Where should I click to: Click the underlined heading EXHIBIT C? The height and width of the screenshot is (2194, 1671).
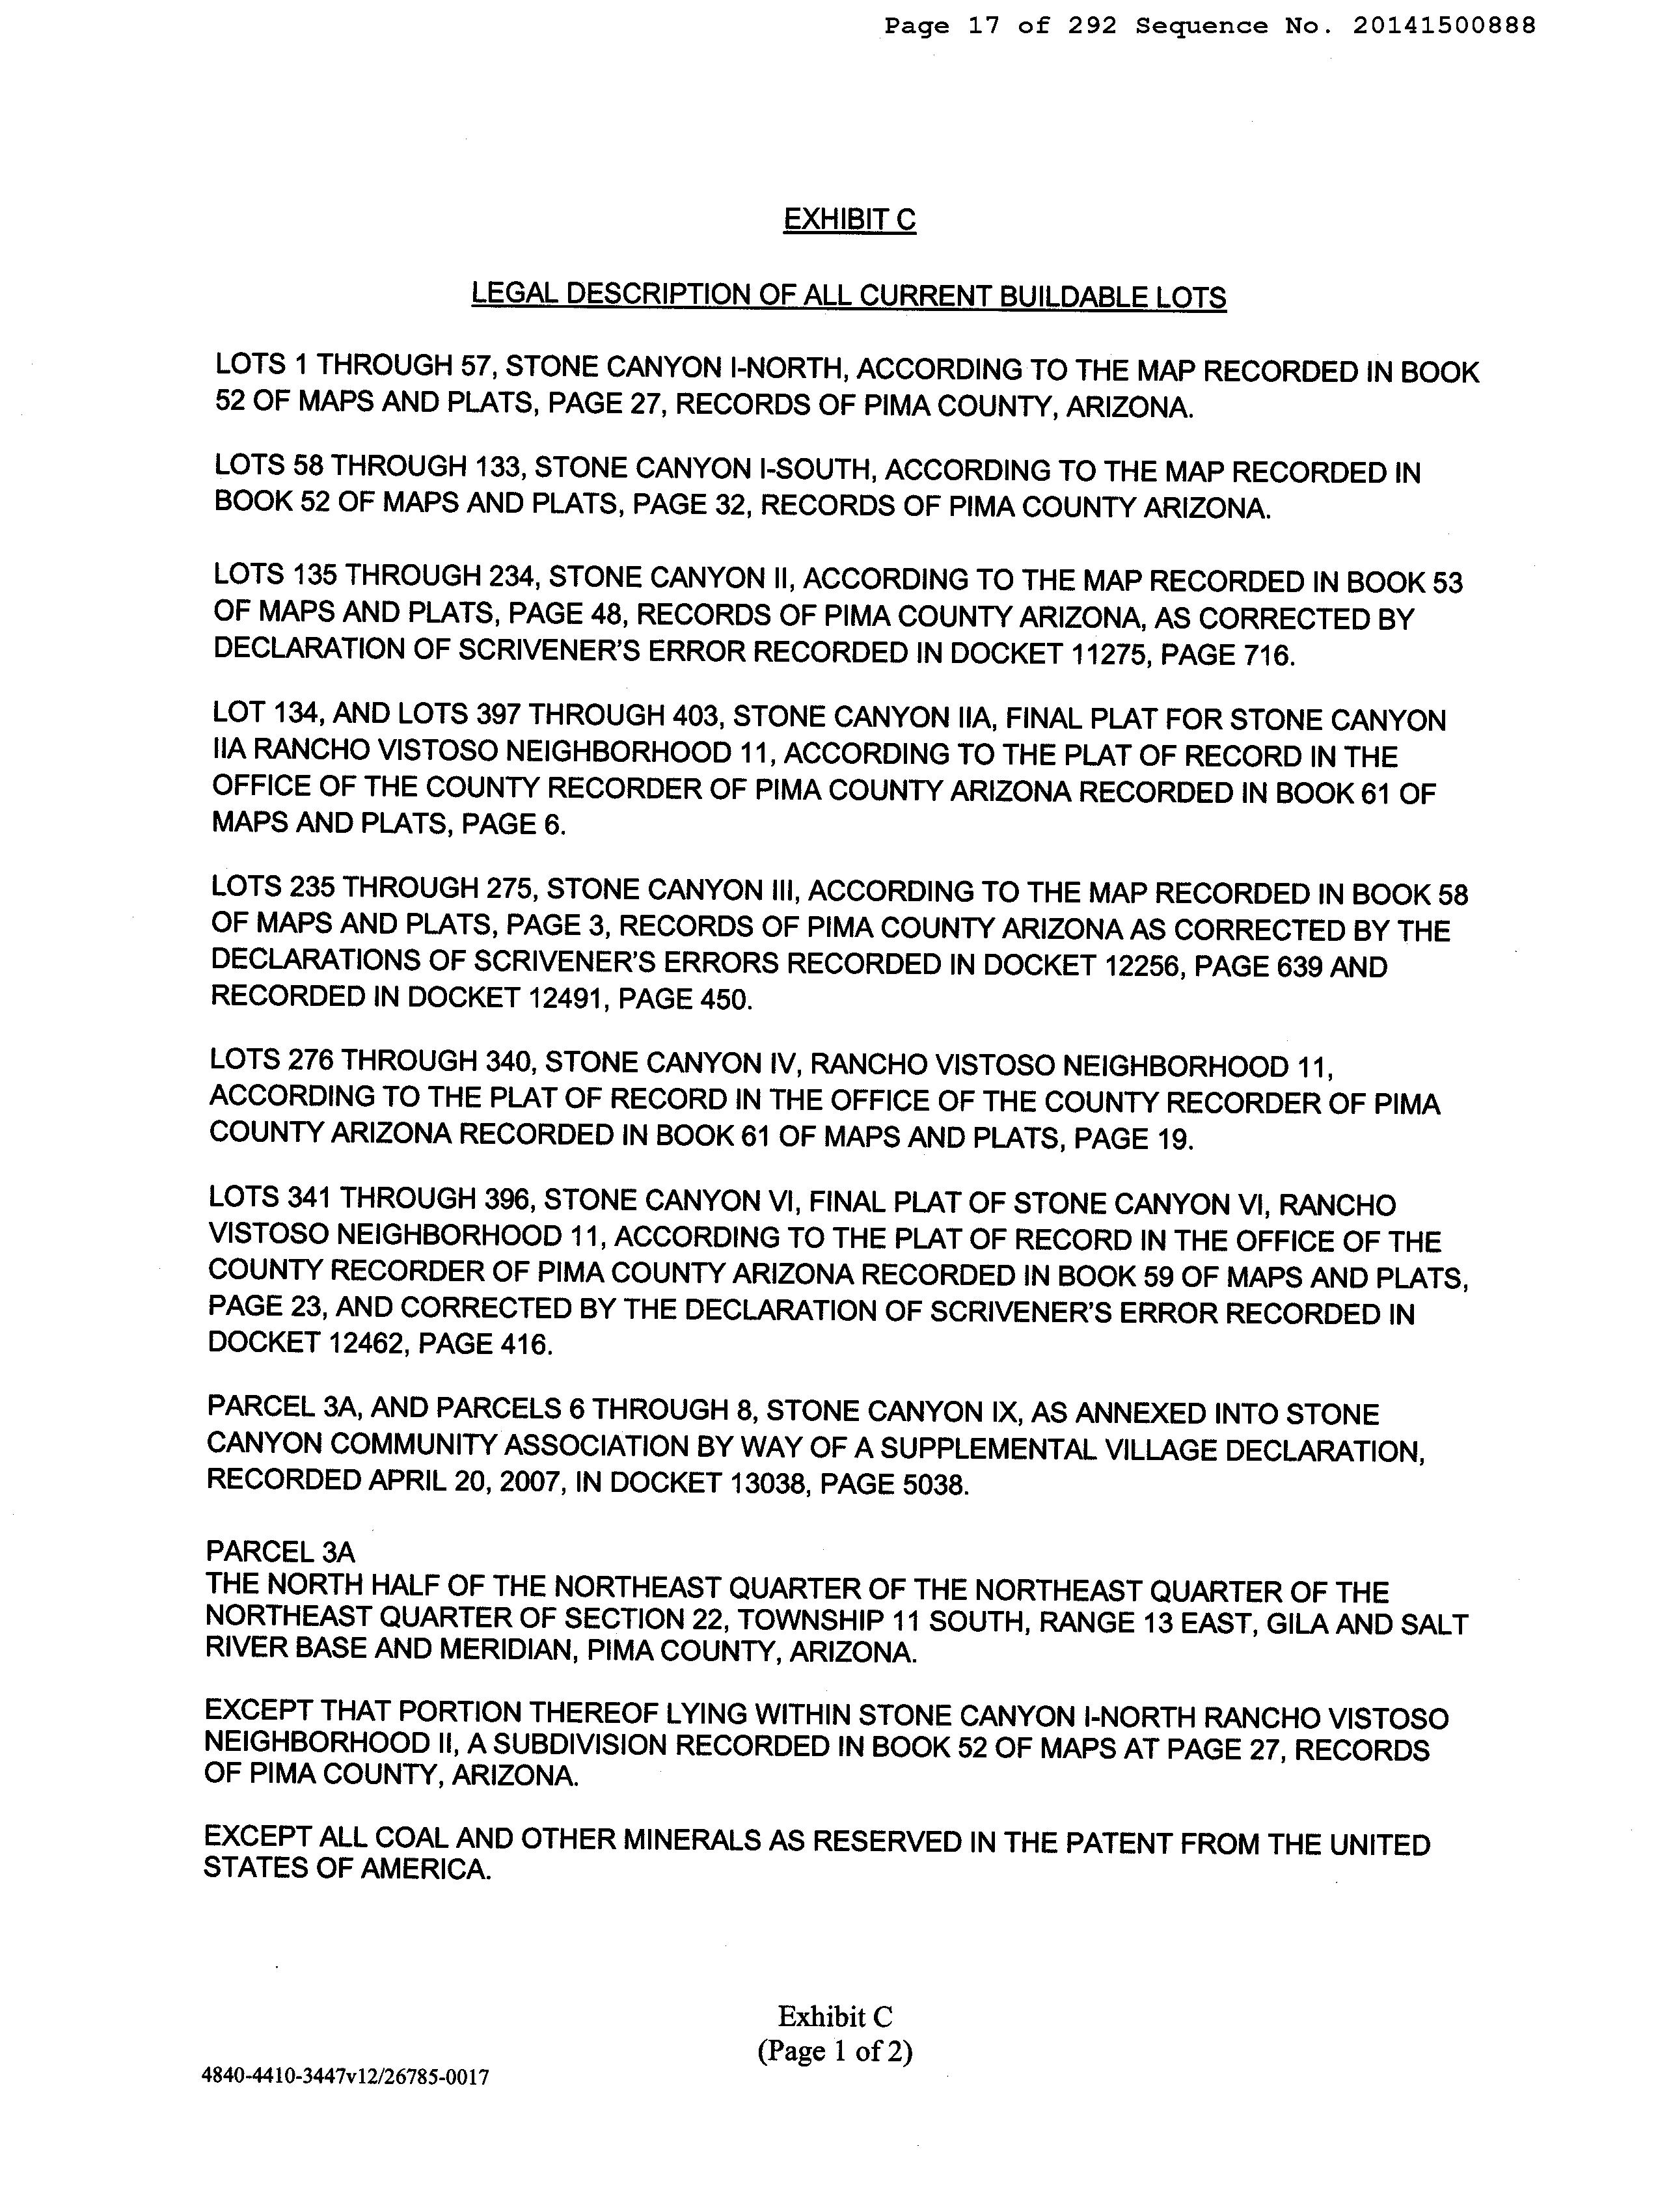[849, 219]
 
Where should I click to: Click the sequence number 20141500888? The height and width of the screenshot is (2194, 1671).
[1443, 26]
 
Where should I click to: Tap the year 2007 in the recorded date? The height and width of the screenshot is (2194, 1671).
[531, 1482]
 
